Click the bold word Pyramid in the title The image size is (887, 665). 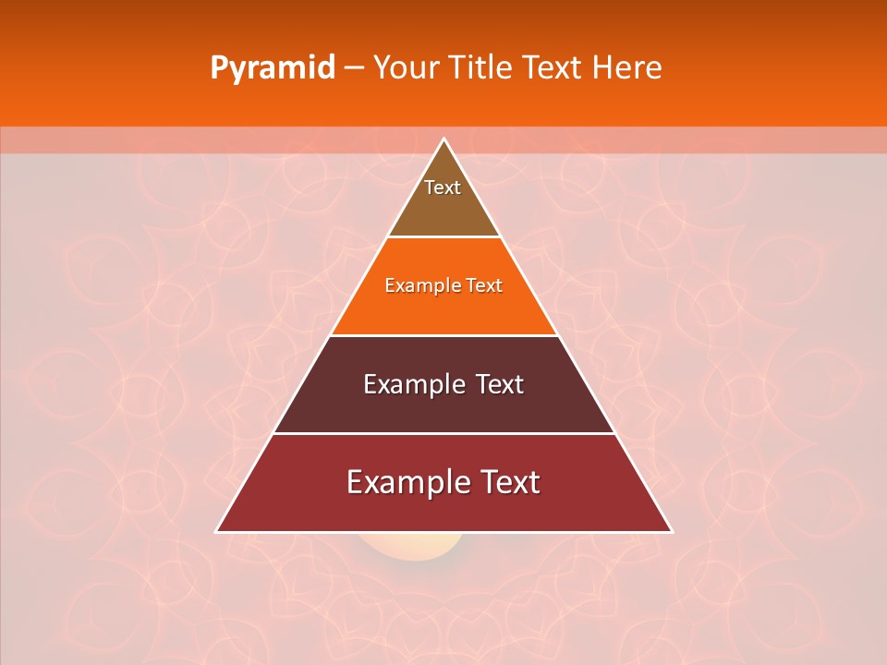point(273,68)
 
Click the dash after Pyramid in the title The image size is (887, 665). point(354,68)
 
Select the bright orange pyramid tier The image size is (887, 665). point(443,309)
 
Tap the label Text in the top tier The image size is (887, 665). point(443,187)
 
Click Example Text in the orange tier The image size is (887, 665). point(443,285)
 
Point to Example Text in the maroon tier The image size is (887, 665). point(443,384)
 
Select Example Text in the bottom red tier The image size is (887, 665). point(443,482)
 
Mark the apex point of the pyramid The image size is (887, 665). point(444,139)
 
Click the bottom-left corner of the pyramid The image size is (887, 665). point(217,531)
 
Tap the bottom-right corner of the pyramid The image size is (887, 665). point(671,531)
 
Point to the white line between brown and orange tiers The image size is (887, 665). point(443,236)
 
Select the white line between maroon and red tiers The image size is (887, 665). point(443,433)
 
